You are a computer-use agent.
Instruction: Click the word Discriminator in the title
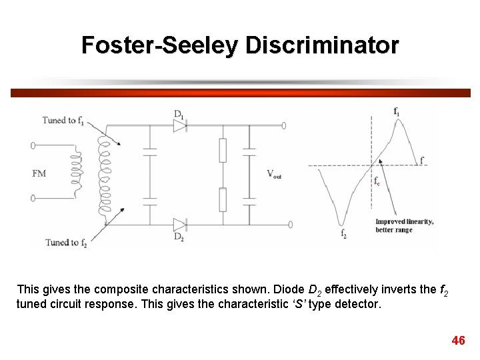click(322, 45)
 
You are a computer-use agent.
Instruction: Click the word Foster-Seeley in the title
click(161, 45)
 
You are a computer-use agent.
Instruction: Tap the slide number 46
click(458, 341)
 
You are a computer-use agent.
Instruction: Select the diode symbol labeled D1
click(179, 125)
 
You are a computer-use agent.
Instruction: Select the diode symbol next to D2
click(179, 224)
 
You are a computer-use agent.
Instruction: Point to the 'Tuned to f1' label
click(63, 121)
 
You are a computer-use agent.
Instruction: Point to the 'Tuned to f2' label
click(66, 243)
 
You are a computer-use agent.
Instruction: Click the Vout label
click(274, 174)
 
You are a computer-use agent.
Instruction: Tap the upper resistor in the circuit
click(223, 151)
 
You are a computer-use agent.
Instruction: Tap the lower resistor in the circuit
click(223, 199)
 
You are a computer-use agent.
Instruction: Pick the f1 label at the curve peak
click(397, 111)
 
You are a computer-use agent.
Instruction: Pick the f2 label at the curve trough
click(343, 234)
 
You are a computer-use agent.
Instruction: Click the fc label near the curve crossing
click(377, 181)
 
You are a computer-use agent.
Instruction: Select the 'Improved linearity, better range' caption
click(404, 226)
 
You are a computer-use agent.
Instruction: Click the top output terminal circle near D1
click(284, 125)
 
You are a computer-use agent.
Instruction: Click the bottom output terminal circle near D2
click(289, 224)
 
